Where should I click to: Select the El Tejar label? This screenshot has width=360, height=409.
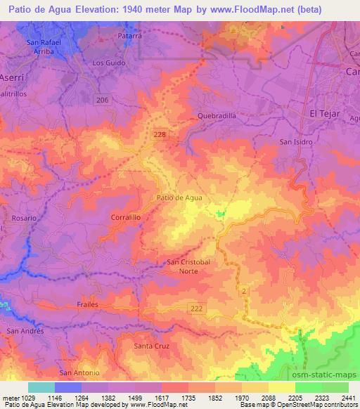pyautogui.click(x=325, y=112)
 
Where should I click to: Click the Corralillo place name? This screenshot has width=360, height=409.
pyautogui.click(x=127, y=219)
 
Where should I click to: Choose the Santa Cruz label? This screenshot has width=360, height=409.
pyautogui.click(x=152, y=346)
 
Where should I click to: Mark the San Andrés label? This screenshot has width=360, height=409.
pyautogui.click(x=25, y=330)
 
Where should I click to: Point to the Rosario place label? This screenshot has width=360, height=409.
pyautogui.click(x=22, y=219)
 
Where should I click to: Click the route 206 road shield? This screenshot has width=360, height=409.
pyautogui.click(x=103, y=101)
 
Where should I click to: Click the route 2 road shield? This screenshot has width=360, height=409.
pyautogui.click(x=244, y=290)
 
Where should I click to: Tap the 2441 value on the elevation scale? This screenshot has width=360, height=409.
pyautogui.click(x=349, y=398)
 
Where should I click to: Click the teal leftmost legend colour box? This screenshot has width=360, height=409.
pyautogui.click(x=41, y=387)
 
